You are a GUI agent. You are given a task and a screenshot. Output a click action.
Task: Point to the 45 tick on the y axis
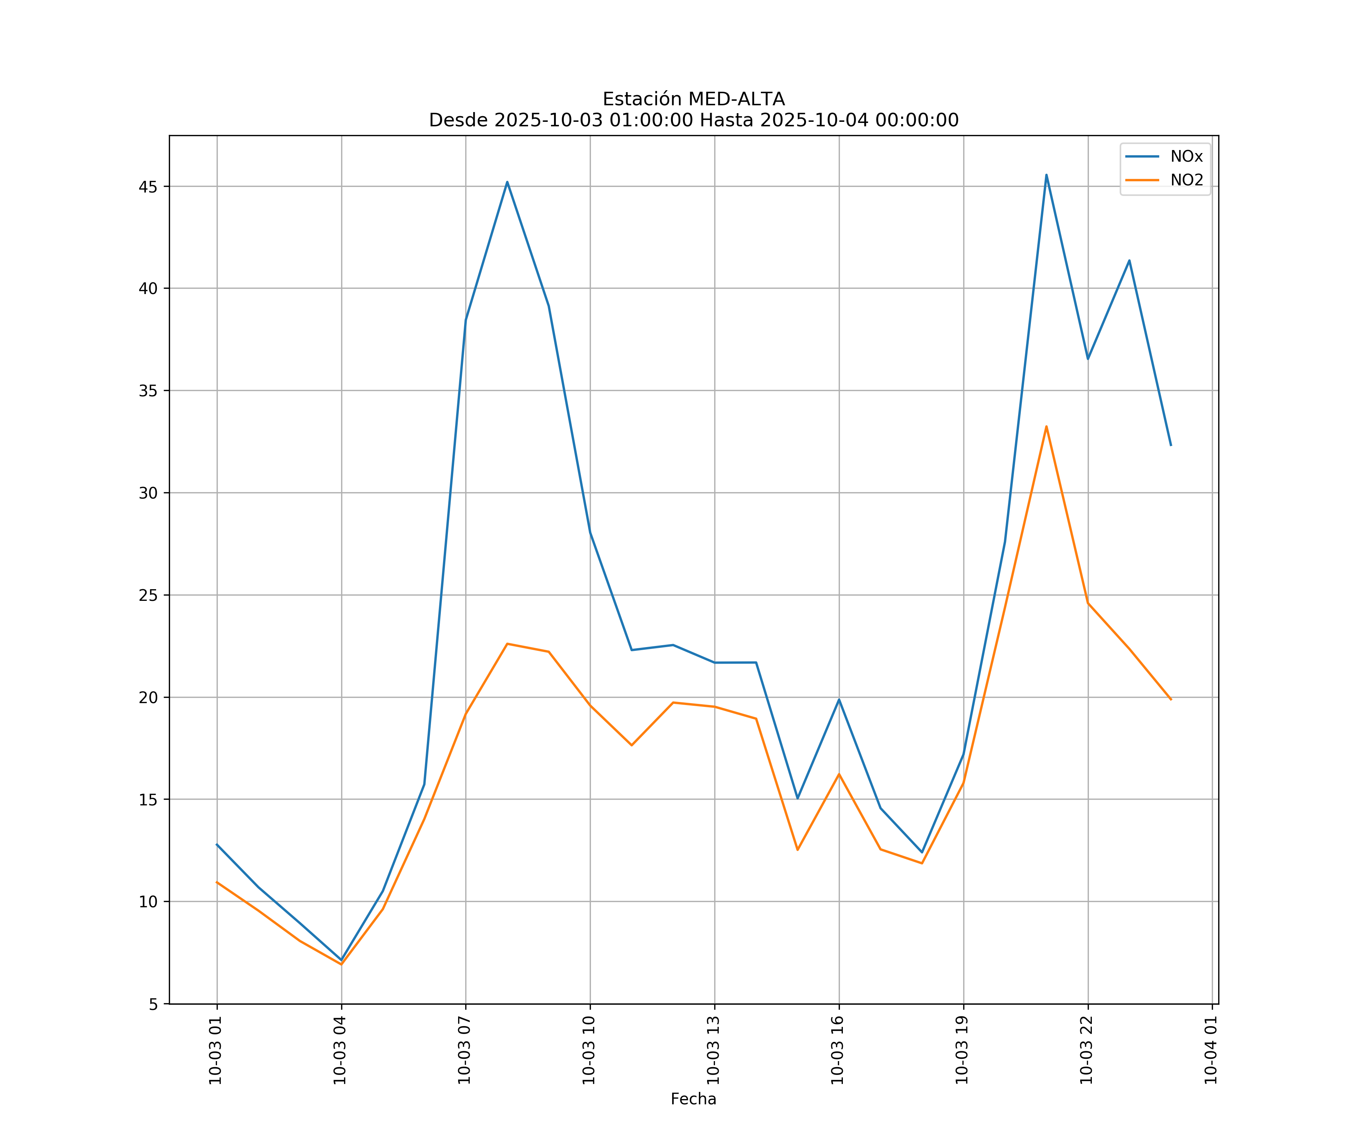click(148, 187)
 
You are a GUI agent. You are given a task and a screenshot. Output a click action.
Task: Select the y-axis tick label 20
click(148, 697)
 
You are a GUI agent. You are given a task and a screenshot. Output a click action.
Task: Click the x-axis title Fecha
click(693, 1099)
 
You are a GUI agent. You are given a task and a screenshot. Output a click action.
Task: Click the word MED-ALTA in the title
click(736, 99)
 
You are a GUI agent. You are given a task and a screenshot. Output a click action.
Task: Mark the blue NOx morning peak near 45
click(507, 182)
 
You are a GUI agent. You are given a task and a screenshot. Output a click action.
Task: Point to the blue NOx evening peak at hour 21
click(1046, 175)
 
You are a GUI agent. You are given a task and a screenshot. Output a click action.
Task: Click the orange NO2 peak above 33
click(1046, 426)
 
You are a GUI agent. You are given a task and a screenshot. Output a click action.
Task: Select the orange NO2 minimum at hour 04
click(341, 964)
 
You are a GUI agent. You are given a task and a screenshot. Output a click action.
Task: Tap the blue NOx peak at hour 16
click(839, 699)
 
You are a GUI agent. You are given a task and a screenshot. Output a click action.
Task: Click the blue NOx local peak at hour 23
click(1129, 261)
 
